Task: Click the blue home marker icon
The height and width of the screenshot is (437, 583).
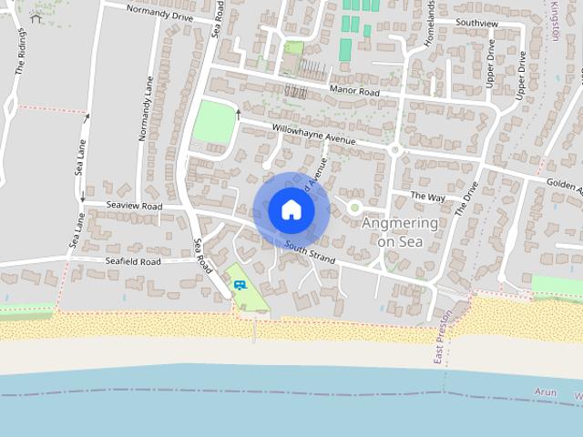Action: pyautogui.click(x=291, y=209)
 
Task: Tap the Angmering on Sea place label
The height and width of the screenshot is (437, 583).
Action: pyautogui.click(x=400, y=232)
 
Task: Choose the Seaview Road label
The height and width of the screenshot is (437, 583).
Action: pyautogui.click(x=134, y=207)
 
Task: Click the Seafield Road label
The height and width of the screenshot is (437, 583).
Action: pyautogui.click(x=133, y=261)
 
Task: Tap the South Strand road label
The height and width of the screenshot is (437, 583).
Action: pyautogui.click(x=309, y=254)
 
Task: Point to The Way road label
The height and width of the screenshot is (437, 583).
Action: pyautogui.click(x=427, y=197)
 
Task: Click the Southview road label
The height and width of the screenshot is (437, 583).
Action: pyautogui.click(x=476, y=22)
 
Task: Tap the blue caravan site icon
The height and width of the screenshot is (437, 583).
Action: pyautogui.click(x=240, y=285)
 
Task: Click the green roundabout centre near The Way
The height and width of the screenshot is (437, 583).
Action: pyautogui.click(x=354, y=208)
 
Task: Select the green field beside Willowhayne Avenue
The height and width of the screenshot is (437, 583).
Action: pyautogui.click(x=213, y=121)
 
